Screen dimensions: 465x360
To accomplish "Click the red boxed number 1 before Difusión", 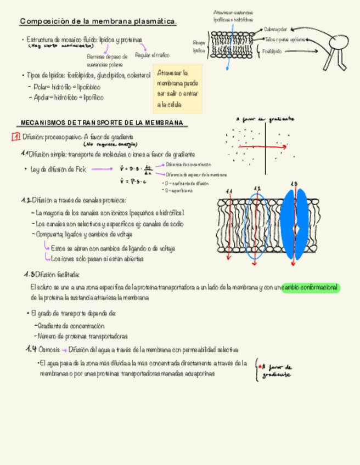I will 16,137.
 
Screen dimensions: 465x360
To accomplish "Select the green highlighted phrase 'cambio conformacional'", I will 311,288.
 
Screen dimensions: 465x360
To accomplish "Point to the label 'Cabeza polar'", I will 275,29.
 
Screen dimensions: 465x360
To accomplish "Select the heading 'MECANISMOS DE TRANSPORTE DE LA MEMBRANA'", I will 102,123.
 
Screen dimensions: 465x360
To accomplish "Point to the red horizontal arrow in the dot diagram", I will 263,148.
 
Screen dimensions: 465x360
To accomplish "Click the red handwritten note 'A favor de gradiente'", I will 277,371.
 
